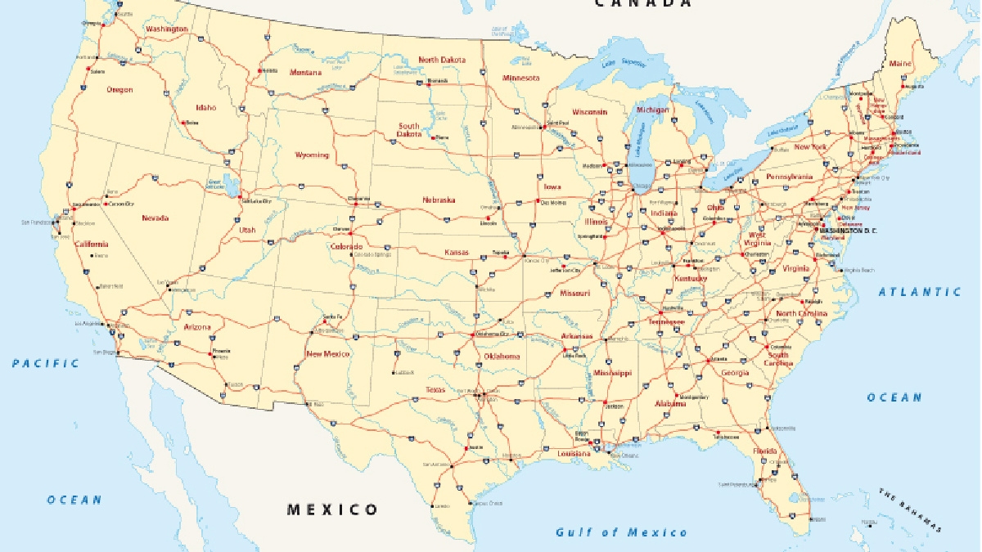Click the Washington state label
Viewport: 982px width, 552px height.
166,29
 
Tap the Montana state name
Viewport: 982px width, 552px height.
305,72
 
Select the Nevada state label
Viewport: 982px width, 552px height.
155,218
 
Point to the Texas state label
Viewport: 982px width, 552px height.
435,389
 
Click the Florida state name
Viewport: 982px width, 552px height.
765,451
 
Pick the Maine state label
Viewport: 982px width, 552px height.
900,63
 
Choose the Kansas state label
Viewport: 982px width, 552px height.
457,252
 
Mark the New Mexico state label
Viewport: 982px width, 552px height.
327,354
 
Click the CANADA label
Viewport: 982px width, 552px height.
643,3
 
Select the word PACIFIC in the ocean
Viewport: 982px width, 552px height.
46,363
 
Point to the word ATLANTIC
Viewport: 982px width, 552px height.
920,291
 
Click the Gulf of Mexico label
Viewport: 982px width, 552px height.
622,532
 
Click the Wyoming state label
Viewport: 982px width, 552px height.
312,155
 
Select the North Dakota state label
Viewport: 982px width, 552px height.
442,60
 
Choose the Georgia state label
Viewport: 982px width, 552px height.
735,373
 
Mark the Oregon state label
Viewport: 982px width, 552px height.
119,89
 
